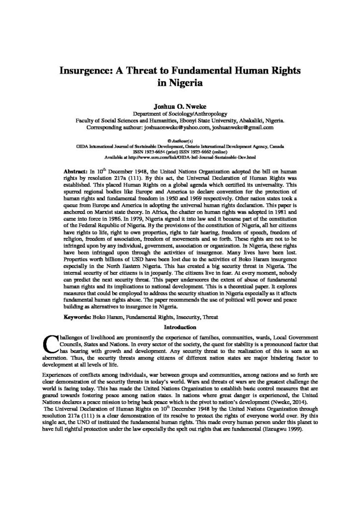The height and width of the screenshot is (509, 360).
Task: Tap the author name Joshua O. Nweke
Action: (x=180, y=106)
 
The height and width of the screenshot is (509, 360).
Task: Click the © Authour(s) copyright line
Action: (x=180, y=140)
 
